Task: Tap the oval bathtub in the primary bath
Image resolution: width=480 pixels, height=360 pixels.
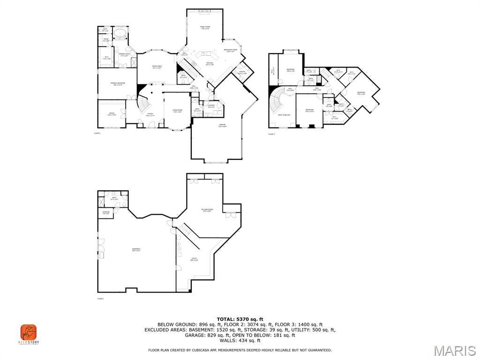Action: [121, 33]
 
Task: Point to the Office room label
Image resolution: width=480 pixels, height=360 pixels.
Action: [111, 114]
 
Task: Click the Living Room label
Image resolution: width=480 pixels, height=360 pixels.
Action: [177, 111]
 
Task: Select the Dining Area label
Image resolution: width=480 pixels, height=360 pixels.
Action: [157, 67]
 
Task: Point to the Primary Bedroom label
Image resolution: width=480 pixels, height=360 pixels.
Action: [117, 84]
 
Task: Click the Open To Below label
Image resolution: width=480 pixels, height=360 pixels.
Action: [284, 115]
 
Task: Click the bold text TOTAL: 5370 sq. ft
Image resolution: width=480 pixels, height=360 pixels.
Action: [240, 319]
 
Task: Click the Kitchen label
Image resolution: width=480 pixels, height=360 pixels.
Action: [210, 63]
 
